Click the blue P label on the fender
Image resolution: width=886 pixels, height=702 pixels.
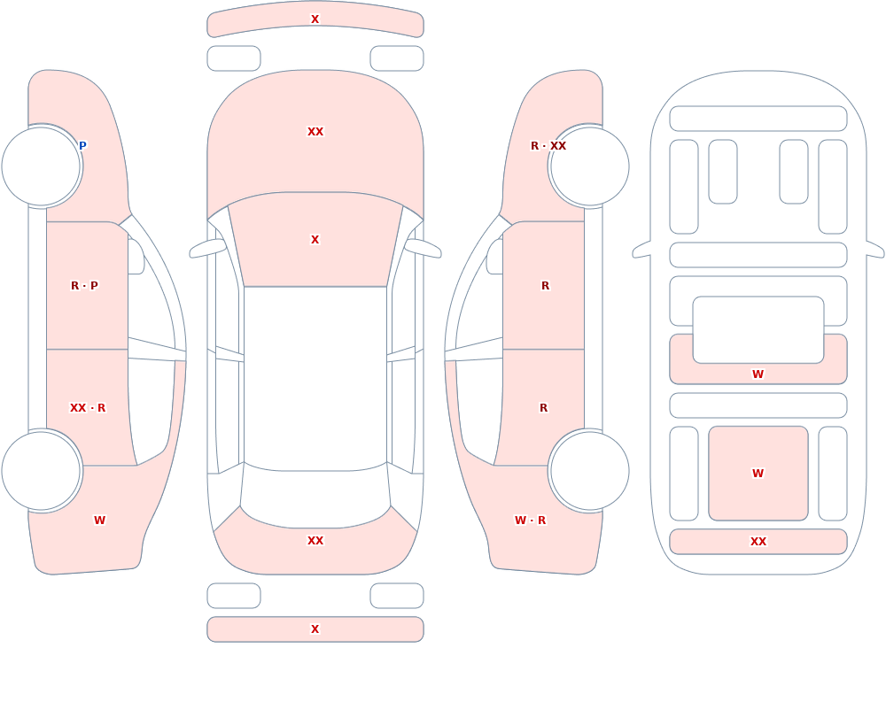click(82, 146)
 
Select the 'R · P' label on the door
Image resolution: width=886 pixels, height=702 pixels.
click(84, 286)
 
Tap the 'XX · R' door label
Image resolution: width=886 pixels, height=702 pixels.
click(88, 408)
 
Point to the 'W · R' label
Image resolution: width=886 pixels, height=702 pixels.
click(530, 521)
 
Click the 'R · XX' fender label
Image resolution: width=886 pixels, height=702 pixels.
click(548, 146)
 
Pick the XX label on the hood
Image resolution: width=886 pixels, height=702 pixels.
click(315, 132)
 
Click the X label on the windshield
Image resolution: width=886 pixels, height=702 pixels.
click(315, 240)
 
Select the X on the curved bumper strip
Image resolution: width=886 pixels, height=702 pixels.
click(315, 19)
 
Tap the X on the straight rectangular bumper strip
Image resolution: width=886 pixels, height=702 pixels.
click(315, 629)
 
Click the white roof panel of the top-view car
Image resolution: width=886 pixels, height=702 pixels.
click(315, 378)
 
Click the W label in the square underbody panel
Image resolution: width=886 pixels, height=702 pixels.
click(758, 474)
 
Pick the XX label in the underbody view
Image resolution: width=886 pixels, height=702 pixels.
click(758, 542)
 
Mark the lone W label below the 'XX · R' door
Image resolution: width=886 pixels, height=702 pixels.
click(99, 521)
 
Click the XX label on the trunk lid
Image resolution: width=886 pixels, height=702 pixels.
click(315, 541)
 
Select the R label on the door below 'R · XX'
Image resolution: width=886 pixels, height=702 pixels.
click(545, 286)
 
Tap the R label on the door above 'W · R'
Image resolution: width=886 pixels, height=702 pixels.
click(544, 408)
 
